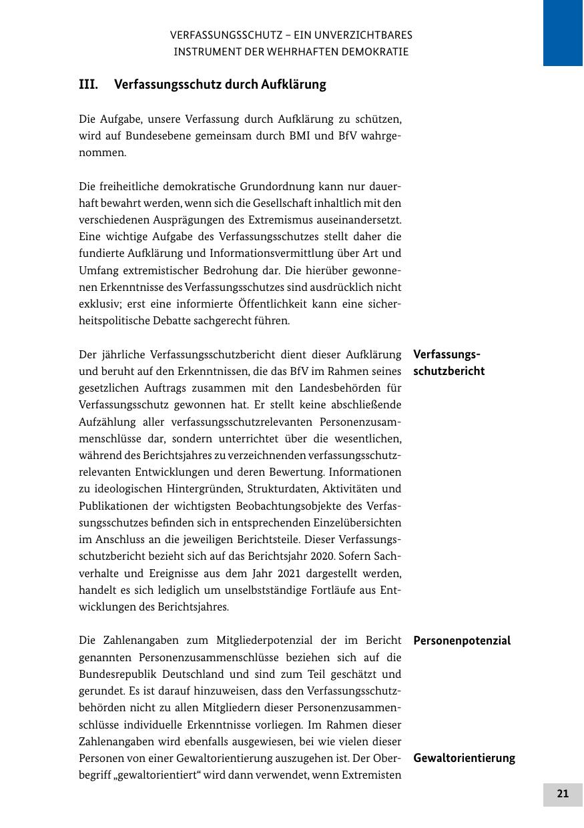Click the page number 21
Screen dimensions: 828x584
pyautogui.click(x=563, y=794)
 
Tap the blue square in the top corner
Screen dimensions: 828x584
pyautogui.click(x=563, y=33)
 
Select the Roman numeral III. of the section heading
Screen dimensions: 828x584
pyautogui.click(x=88, y=85)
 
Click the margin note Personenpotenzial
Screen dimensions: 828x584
pyautogui.click(x=462, y=641)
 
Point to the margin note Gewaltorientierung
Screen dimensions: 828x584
pyautogui.click(x=464, y=758)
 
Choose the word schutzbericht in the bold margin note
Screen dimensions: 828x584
pyautogui.click(x=449, y=371)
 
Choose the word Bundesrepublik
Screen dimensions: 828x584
pyautogui.click(x=117, y=674)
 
